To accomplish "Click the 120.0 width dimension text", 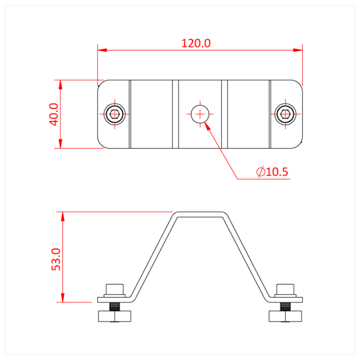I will [196, 43].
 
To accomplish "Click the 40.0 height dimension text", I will [54, 114].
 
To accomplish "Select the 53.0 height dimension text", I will [55, 259].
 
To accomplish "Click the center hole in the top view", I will [200, 114].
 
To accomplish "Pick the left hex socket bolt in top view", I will [115, 114].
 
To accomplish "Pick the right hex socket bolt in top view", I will [285, 114].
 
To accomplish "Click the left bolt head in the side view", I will [115, 289].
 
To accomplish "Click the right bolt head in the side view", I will [285, 289].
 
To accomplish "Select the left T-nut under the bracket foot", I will [115, 316].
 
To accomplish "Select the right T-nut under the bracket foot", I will [285, 316].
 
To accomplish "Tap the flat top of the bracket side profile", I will [200, 214].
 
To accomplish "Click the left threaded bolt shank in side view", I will [115, 306].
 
